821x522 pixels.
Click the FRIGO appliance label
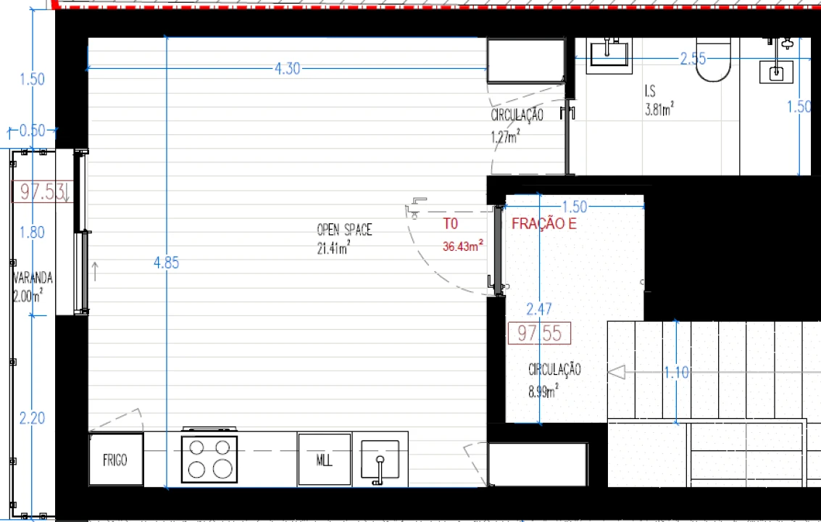(x=114, y=460)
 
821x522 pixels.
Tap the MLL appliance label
(x=324, y=460)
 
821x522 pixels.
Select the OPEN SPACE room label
(x=344, y=230)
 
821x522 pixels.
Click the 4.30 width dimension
(x=288, y=69)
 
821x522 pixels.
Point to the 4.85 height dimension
(x=167, y=262)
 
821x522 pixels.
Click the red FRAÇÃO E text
(x=544, y=224)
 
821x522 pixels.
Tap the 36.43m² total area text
(x=463, y=246)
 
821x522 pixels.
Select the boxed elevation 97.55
(x=539, y=333)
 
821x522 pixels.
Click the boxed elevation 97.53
(x=43, y=191)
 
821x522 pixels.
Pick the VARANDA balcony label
(x=33, y=277)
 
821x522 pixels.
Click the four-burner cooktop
(x=209, y=459)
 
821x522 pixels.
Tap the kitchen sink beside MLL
(x=380, y=460)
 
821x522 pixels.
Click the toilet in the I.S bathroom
(x=713, y=59)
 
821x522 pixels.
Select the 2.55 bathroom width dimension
(x=693, y=58)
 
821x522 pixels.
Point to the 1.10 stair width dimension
(x=677, y=373)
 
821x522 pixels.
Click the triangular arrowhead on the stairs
(x=616, y=373)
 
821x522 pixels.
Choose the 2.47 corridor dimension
(x=539, y=310)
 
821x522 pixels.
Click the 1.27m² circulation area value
(x=505, y=137)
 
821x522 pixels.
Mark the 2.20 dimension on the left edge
(x=32, y=418)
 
